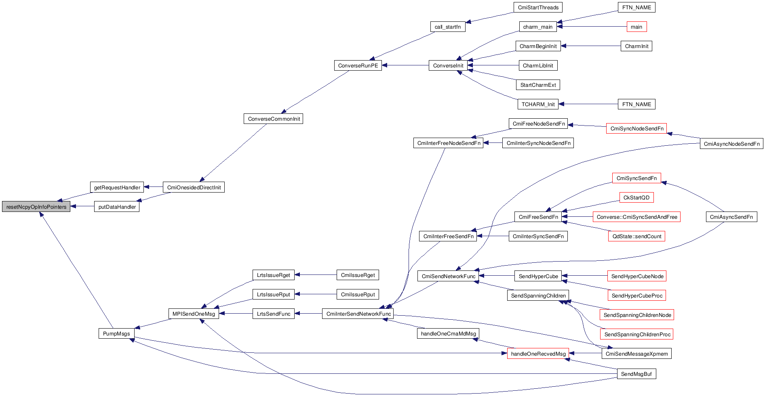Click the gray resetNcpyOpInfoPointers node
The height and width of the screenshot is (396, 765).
point(36,207)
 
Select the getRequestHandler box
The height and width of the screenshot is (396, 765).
point(117,187)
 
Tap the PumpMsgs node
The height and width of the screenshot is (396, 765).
point(116,333)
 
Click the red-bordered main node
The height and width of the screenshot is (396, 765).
point(636,27)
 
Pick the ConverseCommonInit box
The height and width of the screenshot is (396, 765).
point(274,119)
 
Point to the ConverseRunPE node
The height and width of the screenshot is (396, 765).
point(358,65)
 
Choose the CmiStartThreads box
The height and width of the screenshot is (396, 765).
point(538,8)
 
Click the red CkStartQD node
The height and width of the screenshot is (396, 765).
point(636,197)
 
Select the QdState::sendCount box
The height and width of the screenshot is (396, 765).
point(636,237)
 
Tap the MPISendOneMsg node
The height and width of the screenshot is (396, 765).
point(194,314)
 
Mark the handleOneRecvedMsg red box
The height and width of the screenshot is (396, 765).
point(538,354)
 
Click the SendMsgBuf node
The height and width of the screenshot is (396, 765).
point(636,374)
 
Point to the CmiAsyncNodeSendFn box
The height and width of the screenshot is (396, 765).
point(731,144)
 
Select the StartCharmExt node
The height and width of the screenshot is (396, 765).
point(538,85)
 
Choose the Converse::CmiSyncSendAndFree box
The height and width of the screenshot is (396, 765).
point(636,217)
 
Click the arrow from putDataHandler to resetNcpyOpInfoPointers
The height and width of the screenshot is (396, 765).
point(82,207)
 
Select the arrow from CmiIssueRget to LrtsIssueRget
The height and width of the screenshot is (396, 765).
point(316,275)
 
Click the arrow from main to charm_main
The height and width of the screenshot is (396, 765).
point(592,27)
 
